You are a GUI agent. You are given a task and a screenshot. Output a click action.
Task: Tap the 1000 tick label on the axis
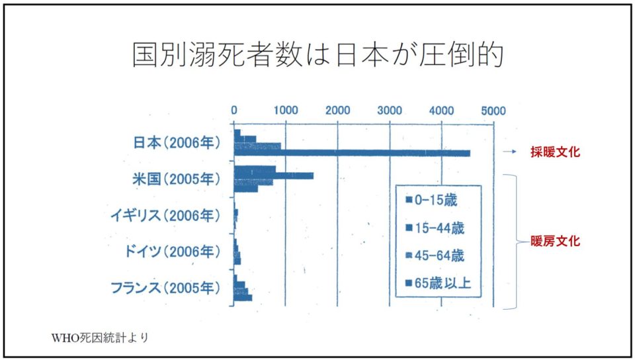coord(286,111)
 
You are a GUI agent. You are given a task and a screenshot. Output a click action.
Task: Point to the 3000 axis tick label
coord(390,111)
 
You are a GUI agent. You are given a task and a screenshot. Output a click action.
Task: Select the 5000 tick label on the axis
coord(493,111)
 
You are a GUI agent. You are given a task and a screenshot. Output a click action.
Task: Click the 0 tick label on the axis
coord(234,111)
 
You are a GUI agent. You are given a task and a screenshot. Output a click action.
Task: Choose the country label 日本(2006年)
coord(177,142)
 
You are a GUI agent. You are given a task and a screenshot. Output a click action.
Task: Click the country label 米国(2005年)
coord(177,179)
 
